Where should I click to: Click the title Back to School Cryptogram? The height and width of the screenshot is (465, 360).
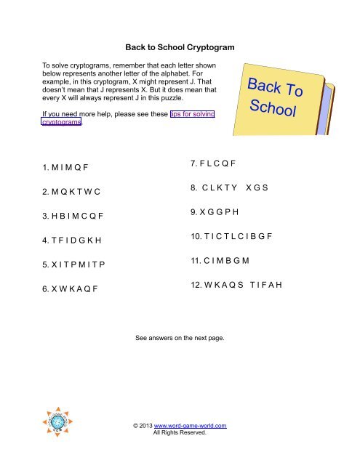(179, 47)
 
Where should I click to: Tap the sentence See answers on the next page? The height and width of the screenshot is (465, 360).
(180, 338)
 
